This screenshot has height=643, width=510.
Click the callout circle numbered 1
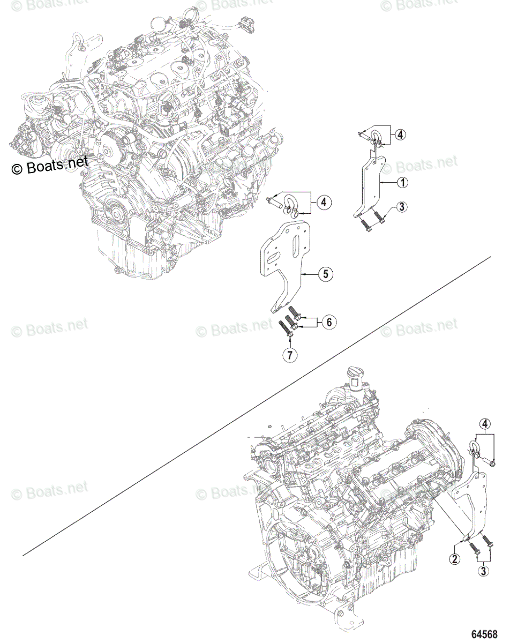[x=402, y=183]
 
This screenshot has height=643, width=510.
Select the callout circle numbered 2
[x=454, y=559]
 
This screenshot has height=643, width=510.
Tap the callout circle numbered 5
[x=325, y=274]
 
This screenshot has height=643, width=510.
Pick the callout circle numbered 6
[x=329, y=322]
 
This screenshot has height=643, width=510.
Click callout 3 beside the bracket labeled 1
[x=402, y=207]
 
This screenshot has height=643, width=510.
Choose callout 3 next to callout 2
[x=484, y=571]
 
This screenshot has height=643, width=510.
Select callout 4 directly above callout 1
[x=400, y=135]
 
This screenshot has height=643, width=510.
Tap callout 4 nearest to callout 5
[x=324, y=202]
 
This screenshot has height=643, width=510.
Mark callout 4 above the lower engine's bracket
[x=484, y=425]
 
